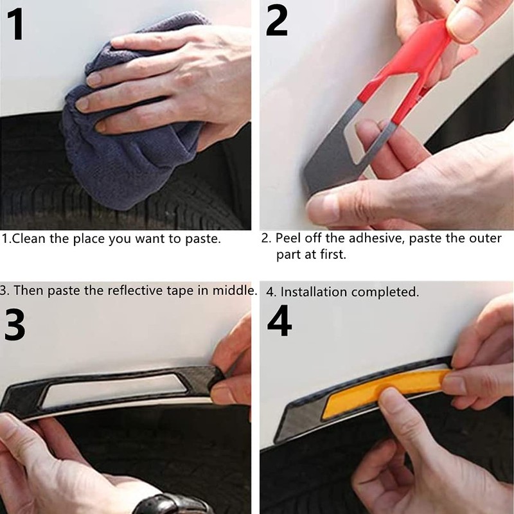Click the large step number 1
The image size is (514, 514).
pos(15,24)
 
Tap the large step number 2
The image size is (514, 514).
pos(277,21)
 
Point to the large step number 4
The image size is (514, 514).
pos(279,321)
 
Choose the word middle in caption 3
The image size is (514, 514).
pos(234,290)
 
